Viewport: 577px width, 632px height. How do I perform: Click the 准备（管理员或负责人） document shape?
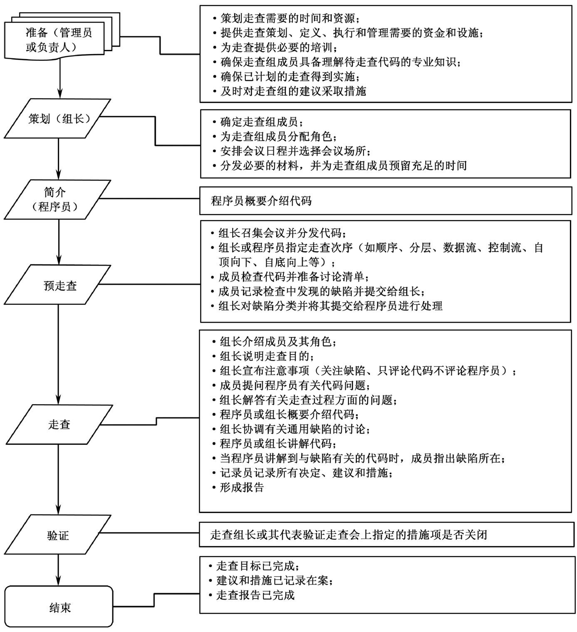pos(58,39)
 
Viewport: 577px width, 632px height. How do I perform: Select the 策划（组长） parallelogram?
pos(58,118)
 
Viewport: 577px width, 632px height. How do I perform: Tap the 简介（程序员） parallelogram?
pos(58,200)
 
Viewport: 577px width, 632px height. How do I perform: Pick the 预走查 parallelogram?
pos(58,285)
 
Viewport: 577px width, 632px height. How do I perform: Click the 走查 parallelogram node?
pos(58,425)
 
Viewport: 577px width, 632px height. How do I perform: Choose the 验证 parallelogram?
pos(58,535)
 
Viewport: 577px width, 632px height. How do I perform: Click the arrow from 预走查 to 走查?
pos(58,353)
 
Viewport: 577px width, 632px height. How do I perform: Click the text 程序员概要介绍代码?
pos(261,202)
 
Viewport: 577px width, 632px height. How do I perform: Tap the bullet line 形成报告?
pos(242,487)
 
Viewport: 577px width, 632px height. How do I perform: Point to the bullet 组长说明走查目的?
pos(266,356)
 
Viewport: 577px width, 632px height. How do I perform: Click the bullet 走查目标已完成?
pos(258,566)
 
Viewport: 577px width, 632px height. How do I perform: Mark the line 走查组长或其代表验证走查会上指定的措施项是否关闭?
pos(349,534)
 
